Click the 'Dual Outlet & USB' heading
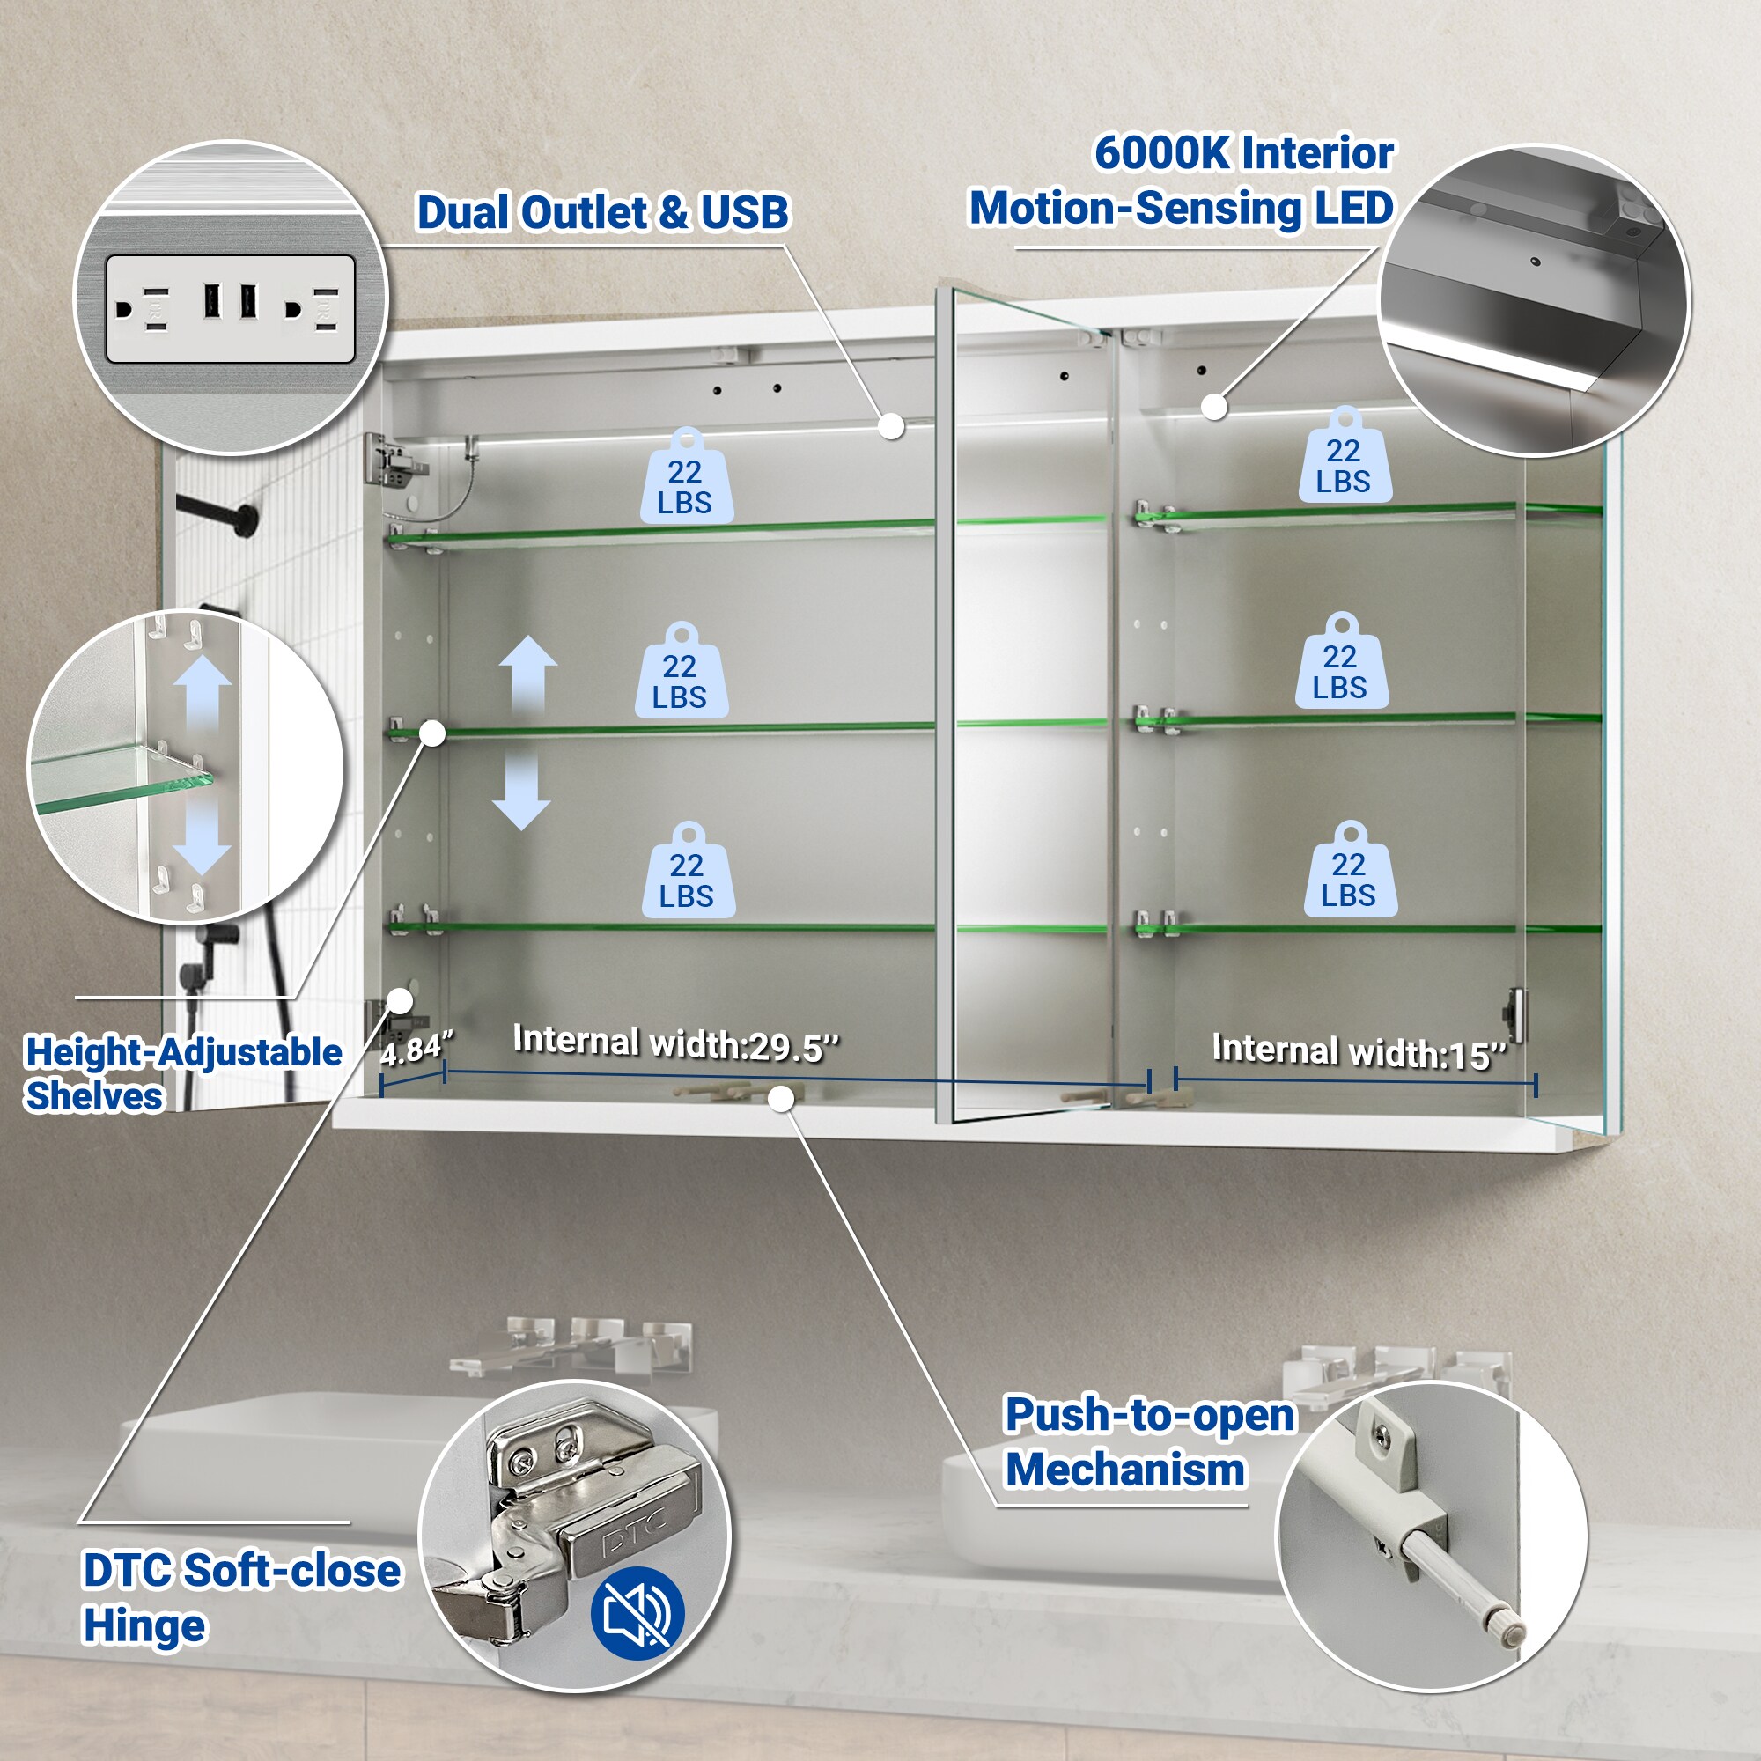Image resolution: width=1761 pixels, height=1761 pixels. pos(602,212)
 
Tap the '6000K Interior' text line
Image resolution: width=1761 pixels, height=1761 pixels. pos(1244,152)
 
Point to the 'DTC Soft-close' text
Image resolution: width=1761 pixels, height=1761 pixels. pos(241,1571)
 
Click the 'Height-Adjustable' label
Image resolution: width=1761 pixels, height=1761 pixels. pos(183,1053)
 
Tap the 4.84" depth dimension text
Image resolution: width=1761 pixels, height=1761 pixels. pos(416,1050)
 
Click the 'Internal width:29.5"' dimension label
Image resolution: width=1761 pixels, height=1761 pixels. pos(675,1043)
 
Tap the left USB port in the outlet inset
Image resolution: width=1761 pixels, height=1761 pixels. pos(210,302)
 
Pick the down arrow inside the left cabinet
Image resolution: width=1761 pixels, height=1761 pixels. pos(521,791)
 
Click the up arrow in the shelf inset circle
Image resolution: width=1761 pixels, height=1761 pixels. pos(203,694)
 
